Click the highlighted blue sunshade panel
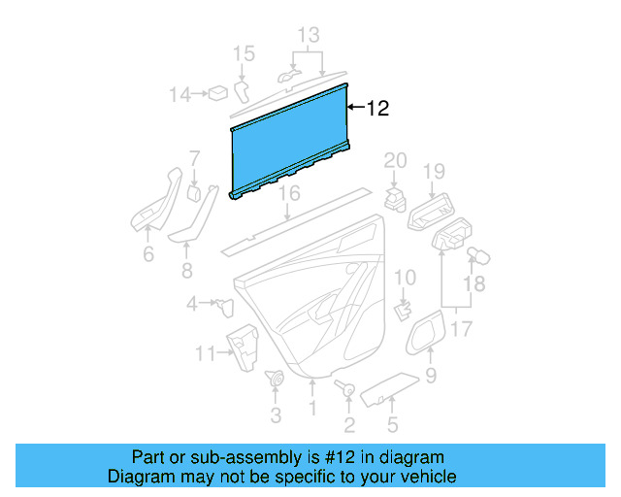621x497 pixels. click(x=289, y=142)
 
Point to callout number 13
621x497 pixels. click(x=308, y=36)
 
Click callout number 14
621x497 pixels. click(x=180, y=94)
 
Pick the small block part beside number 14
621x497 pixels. click(x=220, y=93)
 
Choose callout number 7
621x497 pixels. click(x=194, y=157)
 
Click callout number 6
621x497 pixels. click(x=147, y=255)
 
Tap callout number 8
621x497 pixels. click(x=186, y=271)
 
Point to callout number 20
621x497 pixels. click(x=395, y=160)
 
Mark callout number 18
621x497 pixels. click(x=473, y=283)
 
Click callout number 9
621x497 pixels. click(x=431, y=375)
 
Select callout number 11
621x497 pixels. click(x=204, y=353)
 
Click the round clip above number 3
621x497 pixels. click(x=275, y=380)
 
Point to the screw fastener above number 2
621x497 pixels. click(x=344, y=389)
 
